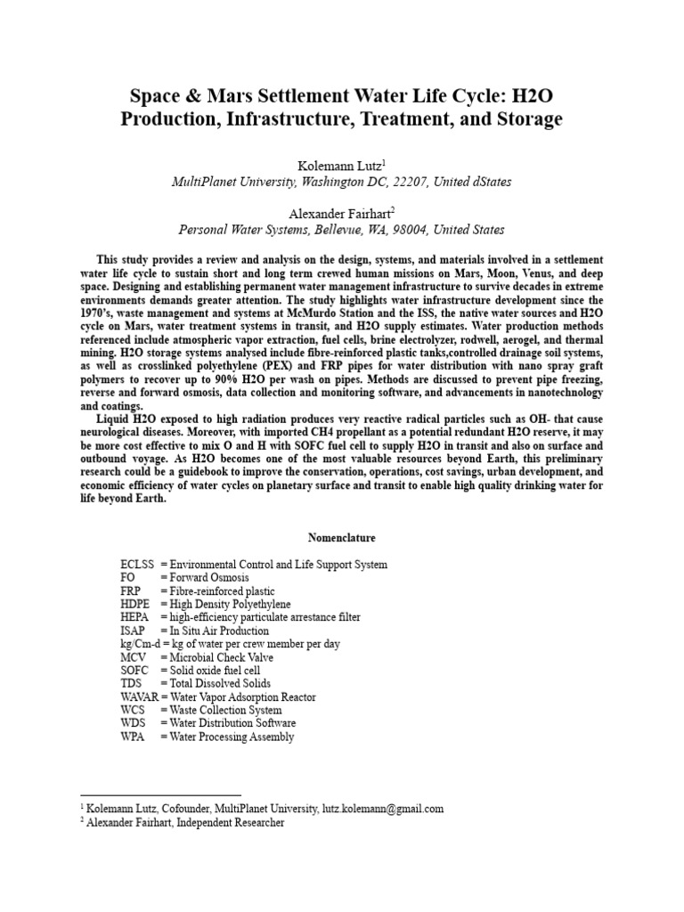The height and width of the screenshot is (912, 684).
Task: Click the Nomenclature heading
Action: [342, 538]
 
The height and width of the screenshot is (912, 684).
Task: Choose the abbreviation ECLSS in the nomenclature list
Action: [136, 566]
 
